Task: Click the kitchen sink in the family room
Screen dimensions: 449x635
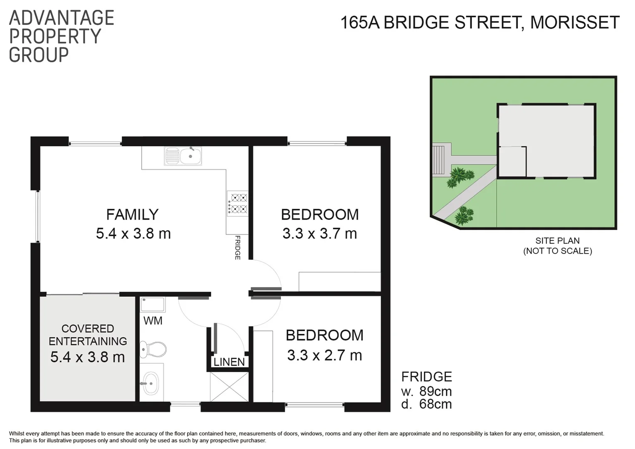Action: click(183, 156)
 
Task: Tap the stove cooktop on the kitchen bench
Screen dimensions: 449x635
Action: click(238, 203)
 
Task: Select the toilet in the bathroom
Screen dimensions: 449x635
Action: click(153, 349)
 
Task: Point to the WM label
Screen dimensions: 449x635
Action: click(153, 321)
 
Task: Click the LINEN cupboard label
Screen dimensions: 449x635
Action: click(229, 362)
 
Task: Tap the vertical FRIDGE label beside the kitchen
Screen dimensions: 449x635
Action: click(238, 248)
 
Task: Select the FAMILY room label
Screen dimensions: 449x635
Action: click(132, 215)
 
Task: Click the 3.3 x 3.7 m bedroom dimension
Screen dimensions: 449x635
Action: click(320, 234)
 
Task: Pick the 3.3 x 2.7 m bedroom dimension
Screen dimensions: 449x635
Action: click(325, 355)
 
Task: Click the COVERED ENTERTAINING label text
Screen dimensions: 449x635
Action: click(88, 335)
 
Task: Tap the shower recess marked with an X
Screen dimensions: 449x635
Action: click(229, 387)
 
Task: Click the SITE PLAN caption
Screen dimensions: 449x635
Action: click(557, 241)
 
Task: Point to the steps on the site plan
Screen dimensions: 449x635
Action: click(438, 159)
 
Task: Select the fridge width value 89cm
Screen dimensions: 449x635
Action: click(436, 391)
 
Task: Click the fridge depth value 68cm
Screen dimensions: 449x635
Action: click(436, 404)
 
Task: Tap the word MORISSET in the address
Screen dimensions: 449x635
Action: click(575, 22)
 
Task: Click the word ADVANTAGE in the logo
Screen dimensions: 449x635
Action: click(62, 18)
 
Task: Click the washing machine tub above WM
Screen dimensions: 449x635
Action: click(153, 304)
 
